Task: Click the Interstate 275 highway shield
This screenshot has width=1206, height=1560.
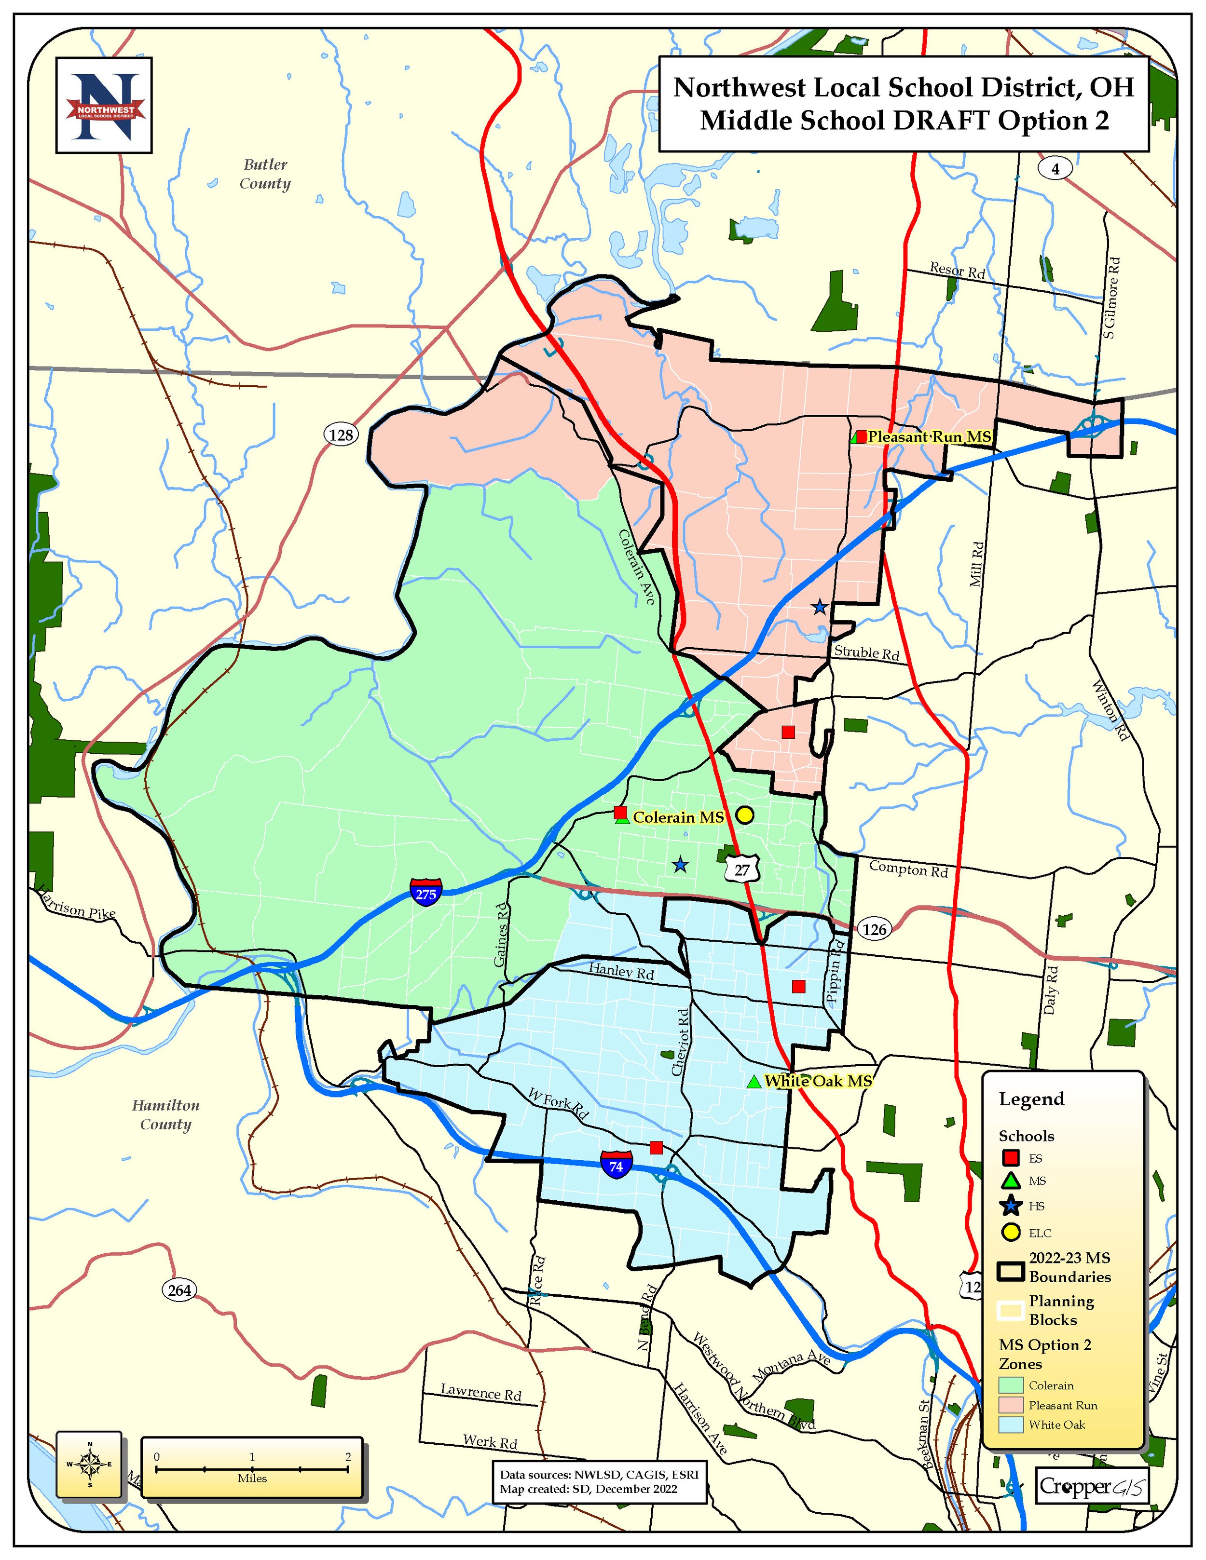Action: click(x=426, y=894)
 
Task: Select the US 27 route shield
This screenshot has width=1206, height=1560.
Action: click(x=742, y=869)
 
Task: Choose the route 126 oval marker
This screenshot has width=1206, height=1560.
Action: click(x=874, y=929)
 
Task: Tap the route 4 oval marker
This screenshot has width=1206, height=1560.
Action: click(x=1055, y=169)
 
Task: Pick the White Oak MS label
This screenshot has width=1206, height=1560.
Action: click(x=818, y=1081)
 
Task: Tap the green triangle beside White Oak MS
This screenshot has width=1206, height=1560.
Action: click(x=753, y=1082)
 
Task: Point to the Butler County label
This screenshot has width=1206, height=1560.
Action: click(x=265, y=174)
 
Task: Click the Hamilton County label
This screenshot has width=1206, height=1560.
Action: click(x=166, y=1114)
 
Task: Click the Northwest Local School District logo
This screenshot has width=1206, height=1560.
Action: click(x=104, y=105)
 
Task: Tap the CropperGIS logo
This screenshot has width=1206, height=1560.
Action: click(x=1092, y=1486)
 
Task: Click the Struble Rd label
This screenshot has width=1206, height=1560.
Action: click(x=867, y=652)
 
